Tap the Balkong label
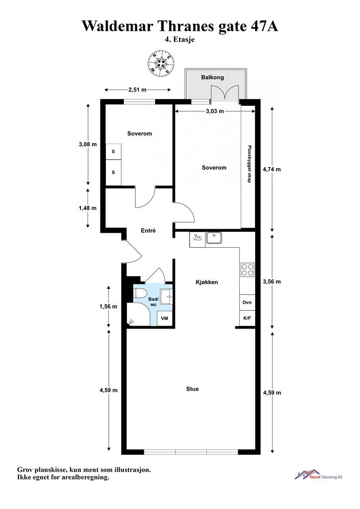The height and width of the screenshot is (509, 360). click(x=212, y=77)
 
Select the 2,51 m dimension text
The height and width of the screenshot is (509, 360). click(x=137, y=89)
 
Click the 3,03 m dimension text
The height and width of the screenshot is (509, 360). click(x=215, y=111)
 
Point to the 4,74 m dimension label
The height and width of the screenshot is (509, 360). click(x=271, y=169)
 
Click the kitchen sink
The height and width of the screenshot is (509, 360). click(x=214, y=238)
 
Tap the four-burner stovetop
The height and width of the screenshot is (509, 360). click(x=247, y=269)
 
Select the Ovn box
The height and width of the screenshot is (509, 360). click(x=247, y=302)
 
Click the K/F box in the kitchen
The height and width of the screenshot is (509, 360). click(x=247, y=318)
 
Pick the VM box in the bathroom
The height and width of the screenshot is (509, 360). click(x=165, y=318)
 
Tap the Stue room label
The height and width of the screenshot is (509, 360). click(x=192, y=389)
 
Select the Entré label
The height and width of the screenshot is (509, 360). click(x=148, y=231)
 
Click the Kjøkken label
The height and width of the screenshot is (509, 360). click(x=207, y=282)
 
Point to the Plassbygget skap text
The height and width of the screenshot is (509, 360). click(x=249, y=164)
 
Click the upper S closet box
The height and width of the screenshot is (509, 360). click(x=113, y=151)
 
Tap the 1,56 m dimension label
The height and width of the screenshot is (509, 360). click(x=108, y=306)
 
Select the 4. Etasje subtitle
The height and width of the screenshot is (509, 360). click(x=180, y=40)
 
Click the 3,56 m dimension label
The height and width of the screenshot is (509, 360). click(x=271, y=281)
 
